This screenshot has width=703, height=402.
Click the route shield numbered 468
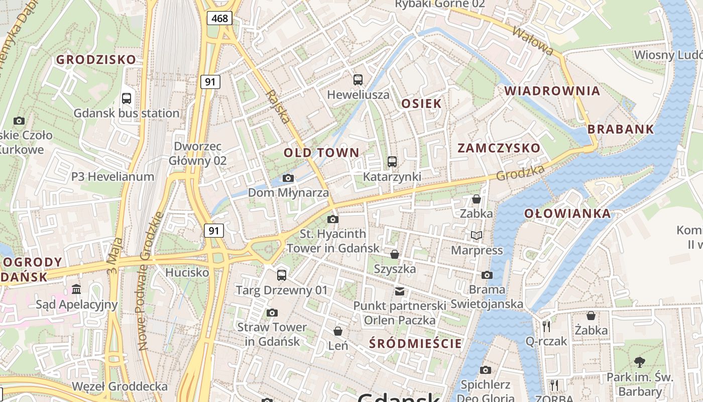[219, 19]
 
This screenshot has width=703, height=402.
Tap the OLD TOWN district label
[321, 153]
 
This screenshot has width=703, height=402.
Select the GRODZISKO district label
[96, 59]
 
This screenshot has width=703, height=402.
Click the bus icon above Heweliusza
[358, 79]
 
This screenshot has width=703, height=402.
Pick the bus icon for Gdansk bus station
[127, 98]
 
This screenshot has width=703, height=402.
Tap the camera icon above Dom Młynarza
[288, 178]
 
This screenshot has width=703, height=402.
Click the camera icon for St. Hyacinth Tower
[332, 219]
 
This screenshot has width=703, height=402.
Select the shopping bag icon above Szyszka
[395, 254]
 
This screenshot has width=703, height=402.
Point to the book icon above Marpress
[476, 235]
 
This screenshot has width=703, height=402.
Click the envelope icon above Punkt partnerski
[400, 291]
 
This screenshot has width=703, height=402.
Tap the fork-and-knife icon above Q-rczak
[546, 327]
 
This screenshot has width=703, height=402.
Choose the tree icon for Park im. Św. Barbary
[639, 362]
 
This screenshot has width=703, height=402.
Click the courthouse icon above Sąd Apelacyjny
[76, 289]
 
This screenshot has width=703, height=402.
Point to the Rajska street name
[278, 107]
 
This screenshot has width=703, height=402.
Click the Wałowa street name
[532, 40]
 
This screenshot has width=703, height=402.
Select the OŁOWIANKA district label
[567, 214]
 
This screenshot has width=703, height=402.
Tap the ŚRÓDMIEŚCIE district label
[415, 344]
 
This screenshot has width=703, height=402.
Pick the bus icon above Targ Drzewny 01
[282, 275]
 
